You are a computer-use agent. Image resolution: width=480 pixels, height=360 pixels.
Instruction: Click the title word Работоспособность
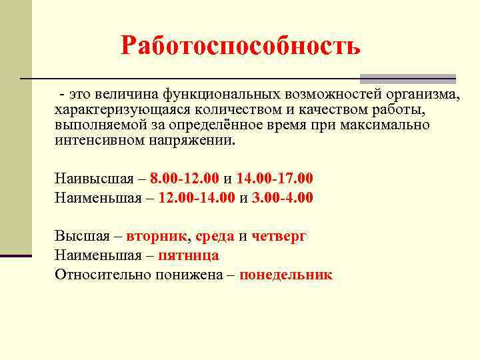pos(241,45)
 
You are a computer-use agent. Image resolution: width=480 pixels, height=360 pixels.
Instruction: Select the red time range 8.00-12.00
pos(185,179)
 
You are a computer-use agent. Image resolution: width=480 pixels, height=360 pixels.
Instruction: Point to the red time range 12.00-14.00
pos(199,197)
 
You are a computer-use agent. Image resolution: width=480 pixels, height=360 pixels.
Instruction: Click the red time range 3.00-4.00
pos(283,197)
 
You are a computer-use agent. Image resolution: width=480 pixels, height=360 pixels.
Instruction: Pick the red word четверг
pos(279,236)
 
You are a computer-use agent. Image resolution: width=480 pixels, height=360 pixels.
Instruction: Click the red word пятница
pos(189,255)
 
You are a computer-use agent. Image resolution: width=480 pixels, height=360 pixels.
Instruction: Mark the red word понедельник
pos(286,274)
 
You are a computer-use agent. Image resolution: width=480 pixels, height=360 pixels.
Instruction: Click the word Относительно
pos(97,274)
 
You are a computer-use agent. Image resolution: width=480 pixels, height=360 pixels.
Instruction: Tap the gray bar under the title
pos(407,78)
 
